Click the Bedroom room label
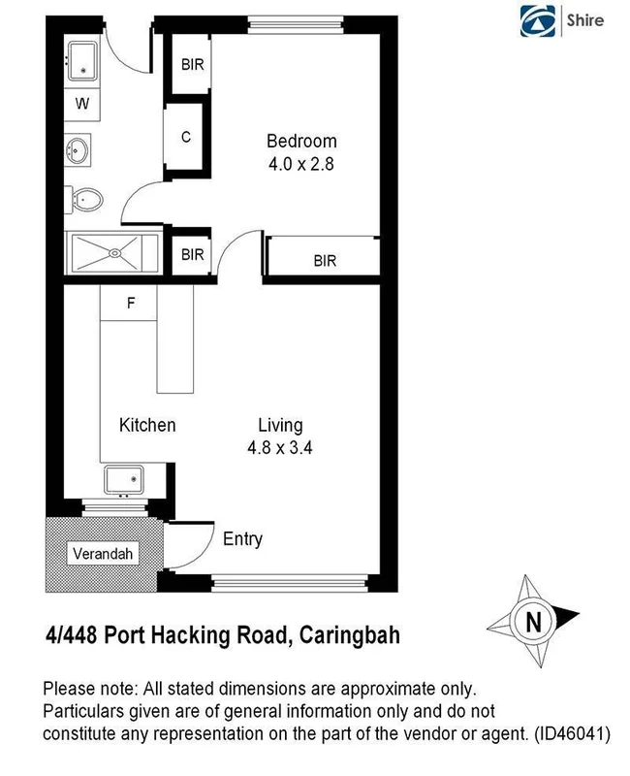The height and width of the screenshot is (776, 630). [301, 142]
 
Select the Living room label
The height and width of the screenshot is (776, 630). [280, 425]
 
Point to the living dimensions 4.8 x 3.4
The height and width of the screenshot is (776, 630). [280, 448]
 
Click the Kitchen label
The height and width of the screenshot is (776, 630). [147, 425]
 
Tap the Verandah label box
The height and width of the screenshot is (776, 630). [102, 554]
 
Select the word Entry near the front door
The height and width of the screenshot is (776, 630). [242, 539]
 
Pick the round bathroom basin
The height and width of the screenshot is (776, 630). [78, 150]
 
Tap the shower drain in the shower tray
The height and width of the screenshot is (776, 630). [114, 254]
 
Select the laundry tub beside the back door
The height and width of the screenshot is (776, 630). [84, 61]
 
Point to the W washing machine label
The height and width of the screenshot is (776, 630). [82, 103]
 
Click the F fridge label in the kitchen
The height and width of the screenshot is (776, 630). [131, 303]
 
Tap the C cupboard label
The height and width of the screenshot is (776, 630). [187, 137]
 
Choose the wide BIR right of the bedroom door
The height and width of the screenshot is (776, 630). [324, 260]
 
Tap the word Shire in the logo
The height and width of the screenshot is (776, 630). [584, 20]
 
